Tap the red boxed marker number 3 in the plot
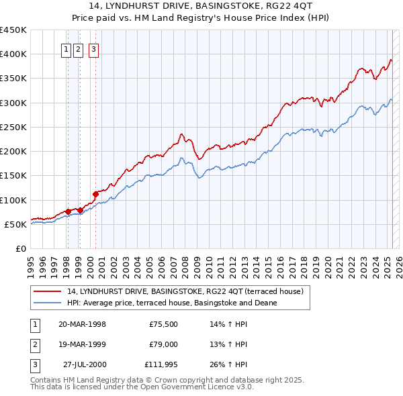pyautogui.click(x=93, y=48)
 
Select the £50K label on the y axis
pyautogui.click(x=15, y=224)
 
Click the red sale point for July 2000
pyautogui.click(x=95, y=194)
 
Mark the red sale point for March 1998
pyautogui.click(x=68, y=211)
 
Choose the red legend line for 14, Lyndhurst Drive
pyautogui.click(x=48, y=291)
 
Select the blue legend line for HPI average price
pyautogui.click(x=48, y=303)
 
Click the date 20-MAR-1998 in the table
pyautogui.click(x=82, y=324)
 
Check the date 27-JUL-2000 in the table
pyautogui.click(x=85, y=364)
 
